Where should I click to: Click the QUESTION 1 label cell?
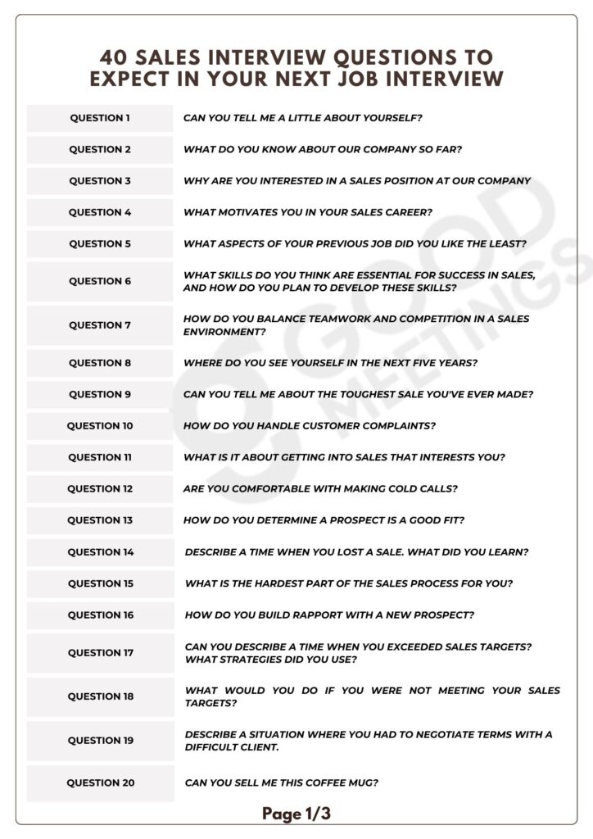coord(100,118)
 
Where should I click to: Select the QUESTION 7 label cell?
coord(100,325)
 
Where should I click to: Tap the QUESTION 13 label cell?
coord(100,520)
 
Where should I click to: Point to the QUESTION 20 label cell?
coord(101,783)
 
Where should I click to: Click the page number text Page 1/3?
coord(296,814)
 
